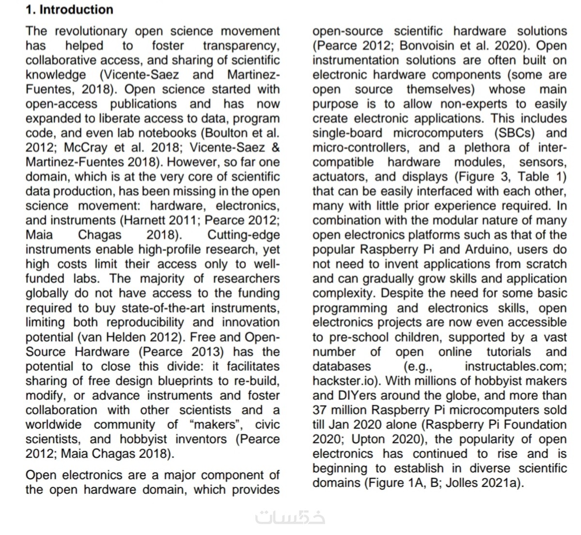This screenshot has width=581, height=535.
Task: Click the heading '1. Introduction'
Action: point(69,10)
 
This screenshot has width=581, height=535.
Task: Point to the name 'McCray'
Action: point(86,147)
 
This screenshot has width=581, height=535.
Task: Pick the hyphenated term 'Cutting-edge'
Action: point(244,235)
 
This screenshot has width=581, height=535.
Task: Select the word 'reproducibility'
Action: point(145,322)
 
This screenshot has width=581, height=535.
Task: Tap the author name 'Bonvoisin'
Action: point(425,46)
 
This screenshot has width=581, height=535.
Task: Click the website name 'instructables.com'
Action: point(516,366)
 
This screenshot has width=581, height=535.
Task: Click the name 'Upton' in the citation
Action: point(368,439)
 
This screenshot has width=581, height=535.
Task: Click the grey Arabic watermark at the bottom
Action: point(290,517)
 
